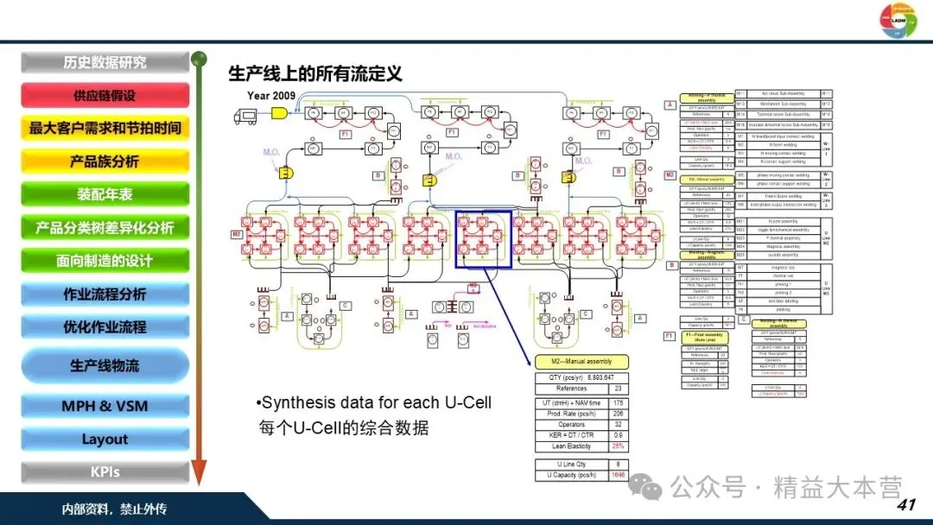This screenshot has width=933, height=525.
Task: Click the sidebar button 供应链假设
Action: (x=105, y=95)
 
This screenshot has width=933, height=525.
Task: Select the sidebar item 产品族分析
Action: (x=105, y=161)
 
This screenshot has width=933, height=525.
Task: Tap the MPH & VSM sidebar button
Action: (x=105, y=406)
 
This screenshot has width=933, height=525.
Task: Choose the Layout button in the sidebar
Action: (x=105, y=440)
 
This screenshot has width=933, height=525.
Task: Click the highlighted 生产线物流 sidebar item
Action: (x=105, y=366)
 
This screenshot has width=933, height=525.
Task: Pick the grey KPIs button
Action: (x=105, y=472)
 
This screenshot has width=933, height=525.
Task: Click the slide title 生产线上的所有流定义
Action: (x=314, y=73)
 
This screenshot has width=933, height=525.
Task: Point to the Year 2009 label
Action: (x=271, y=95)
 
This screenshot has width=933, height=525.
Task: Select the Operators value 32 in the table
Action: (x=618, y=425)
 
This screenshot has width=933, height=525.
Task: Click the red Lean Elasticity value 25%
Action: (x=618, y=446)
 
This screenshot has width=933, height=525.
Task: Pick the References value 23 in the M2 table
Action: (x=618, y=389)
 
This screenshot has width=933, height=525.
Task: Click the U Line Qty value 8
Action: (x=618, y=465)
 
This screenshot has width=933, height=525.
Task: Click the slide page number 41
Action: (x=906, y=504)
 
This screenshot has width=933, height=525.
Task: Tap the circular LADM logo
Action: (x=897, y=21)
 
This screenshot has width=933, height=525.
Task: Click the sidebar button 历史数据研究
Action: (x=105, y=62)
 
